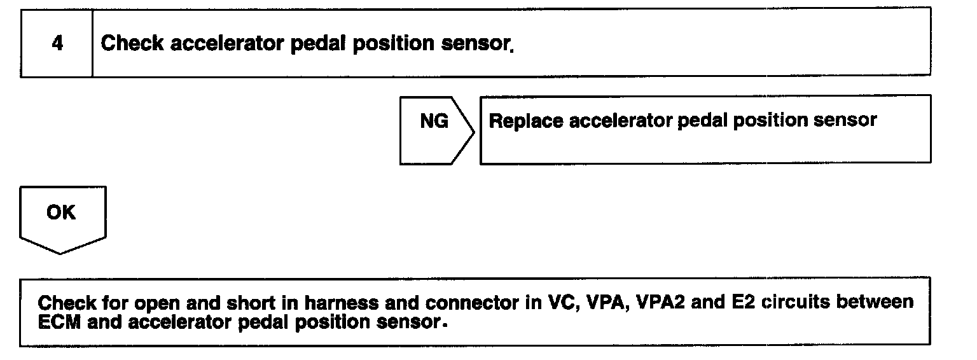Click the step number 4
[57, 44]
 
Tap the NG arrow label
[434, 121]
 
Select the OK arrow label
[61, 212]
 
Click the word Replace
[525, 121]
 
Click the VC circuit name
[561, 302]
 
